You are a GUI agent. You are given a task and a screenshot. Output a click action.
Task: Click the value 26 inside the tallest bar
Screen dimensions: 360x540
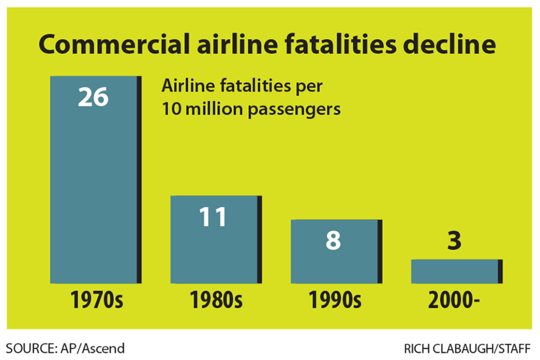93,97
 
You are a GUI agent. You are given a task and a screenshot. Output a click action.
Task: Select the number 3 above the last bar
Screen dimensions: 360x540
455,240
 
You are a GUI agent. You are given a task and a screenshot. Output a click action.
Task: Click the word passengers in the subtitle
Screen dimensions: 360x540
294,109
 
